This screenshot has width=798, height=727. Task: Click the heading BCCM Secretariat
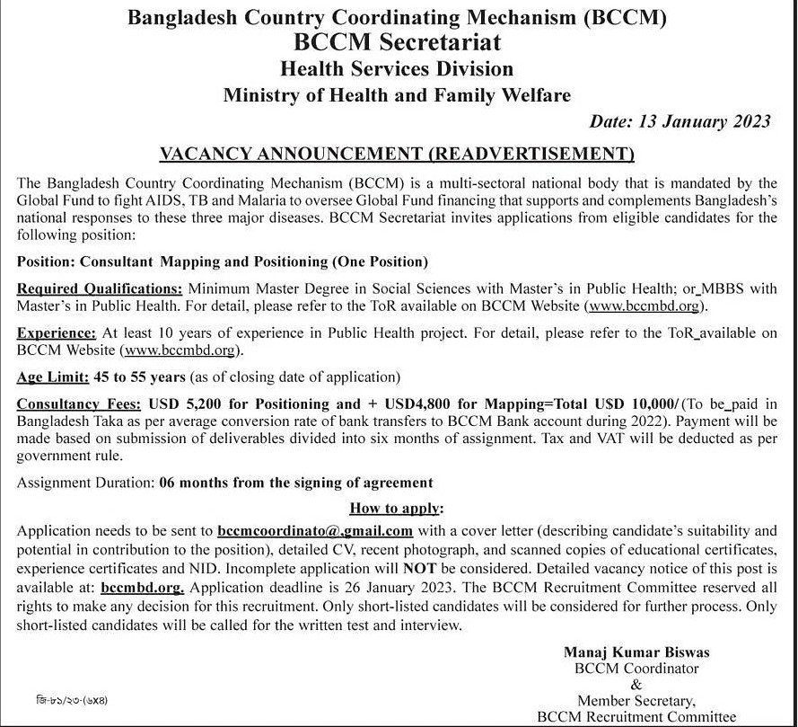tap(399, 42)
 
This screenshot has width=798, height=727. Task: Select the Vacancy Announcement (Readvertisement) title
tap(398, 154)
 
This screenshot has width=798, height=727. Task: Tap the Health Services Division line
tap(397, 68)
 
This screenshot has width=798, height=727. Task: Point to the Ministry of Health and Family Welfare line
tap(397, 94)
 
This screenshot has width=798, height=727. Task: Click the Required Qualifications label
tap(100, 289)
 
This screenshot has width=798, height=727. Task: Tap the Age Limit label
tap(51, 377)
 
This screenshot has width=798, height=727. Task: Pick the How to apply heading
tap(397, 508)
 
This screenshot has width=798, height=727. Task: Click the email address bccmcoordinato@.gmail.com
tap(314, 531)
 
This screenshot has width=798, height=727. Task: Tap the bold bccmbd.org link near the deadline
tap(143, 588)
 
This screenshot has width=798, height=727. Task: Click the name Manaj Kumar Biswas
tap(636, 652)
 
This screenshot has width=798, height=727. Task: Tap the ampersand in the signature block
tap(636, 685)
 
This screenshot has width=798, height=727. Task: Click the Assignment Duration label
tap(85, 483)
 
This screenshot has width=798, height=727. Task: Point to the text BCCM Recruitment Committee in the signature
tap(636, 716)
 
